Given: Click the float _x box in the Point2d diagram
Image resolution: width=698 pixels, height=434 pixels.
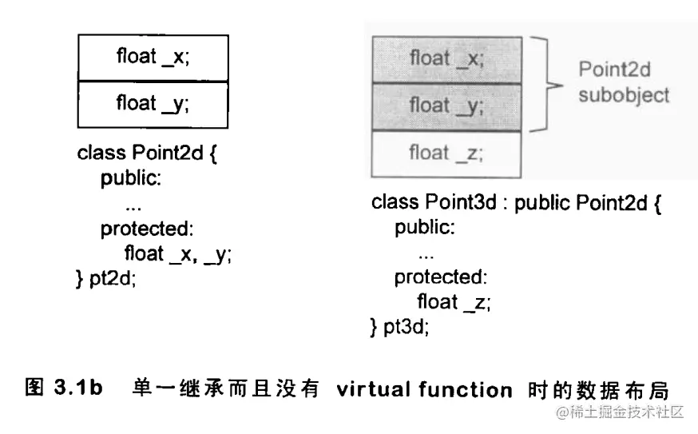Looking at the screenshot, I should click(x=153, y=58).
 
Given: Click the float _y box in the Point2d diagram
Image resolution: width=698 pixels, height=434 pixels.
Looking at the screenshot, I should click(x=153, y=104).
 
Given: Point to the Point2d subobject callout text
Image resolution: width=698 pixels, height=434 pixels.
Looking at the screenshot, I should click(x=623, y=82).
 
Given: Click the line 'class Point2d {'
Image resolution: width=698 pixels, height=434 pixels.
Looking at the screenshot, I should click(x=147, y=153).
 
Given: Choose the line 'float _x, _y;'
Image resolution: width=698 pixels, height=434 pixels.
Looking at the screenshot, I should click(x=177, y=254).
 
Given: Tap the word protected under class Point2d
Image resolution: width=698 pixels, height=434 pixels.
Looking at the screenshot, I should click(x=147, y=229).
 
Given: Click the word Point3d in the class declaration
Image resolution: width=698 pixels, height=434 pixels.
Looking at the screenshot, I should click(x=462, y=202).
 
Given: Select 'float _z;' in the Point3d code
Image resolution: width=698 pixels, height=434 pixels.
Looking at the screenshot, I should click(x=453, y=302).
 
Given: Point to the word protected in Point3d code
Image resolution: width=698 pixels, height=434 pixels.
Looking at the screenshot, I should click(x=440, y=277).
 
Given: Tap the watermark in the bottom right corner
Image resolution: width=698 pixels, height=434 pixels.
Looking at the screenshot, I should click(x=621, y=412).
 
